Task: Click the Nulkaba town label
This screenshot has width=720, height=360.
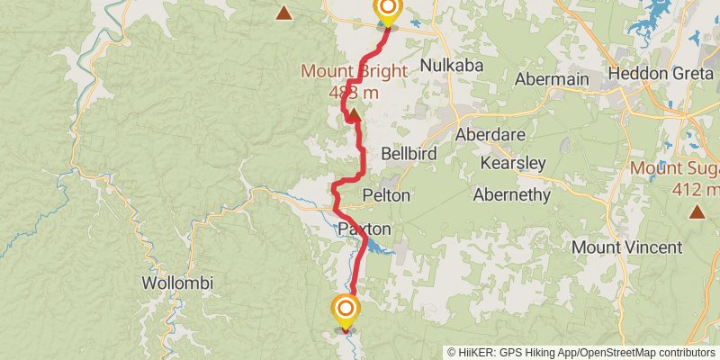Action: click(453, 66)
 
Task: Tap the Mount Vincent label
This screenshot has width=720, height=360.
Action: click(622, 247)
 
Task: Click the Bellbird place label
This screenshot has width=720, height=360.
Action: click(409, 154)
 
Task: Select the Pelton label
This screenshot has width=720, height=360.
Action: click(386, 194)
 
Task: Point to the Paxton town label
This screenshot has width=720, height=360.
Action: click(364, 229)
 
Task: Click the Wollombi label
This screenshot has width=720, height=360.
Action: click(177, 283)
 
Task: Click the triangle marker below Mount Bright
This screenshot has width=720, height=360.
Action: click(354, 114)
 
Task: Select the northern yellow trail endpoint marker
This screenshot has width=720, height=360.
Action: click(387, 11)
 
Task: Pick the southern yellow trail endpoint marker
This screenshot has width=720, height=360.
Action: click(345, 310)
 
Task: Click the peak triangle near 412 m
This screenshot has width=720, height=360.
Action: click(697, 211)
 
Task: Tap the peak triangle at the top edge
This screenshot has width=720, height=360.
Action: click(284, 13)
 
